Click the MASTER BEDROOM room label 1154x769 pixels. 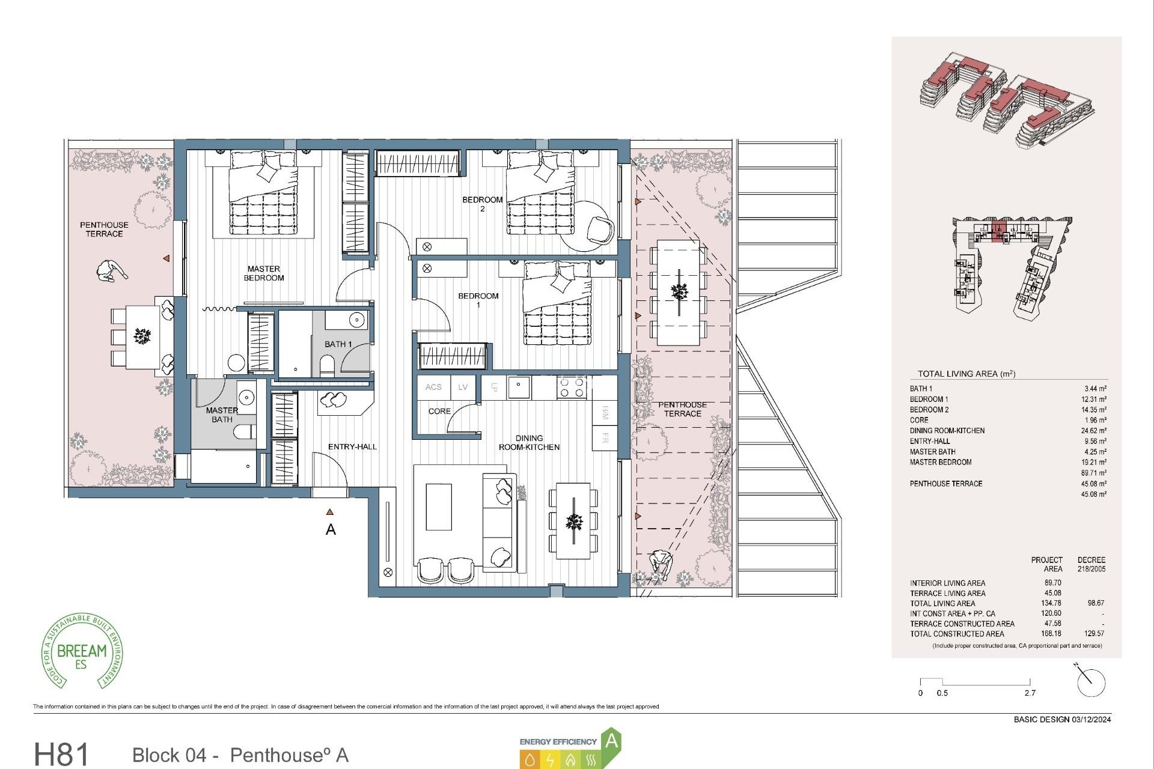coord(264,273)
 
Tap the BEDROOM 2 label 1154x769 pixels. coord(482,204)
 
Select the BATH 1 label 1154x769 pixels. coord(338,344)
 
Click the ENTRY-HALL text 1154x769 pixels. coord(352,447)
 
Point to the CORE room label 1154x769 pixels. coord(439,412)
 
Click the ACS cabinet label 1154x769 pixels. coord(433,388)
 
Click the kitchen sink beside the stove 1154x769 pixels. coord(519,388)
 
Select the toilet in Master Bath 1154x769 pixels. coord(245,432)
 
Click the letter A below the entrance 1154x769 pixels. coord(331,530)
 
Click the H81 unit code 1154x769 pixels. coord(61,754)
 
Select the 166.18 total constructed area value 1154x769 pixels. coord(1052,633)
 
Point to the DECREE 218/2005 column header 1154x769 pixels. coord(1091,564)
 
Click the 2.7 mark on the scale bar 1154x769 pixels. coord(1030,693)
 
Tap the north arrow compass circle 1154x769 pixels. coord(1091,683)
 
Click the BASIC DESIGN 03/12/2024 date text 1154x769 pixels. coord(1062,719)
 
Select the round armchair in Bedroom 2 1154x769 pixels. coord(600,229)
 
